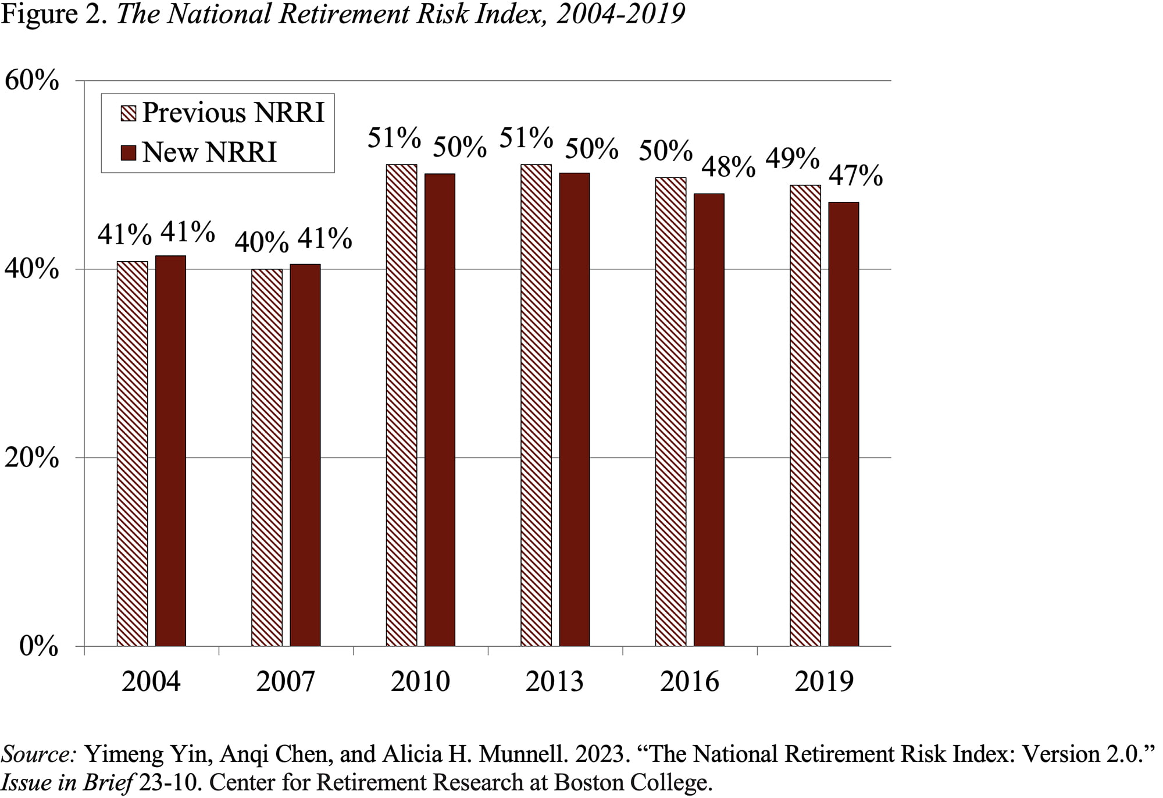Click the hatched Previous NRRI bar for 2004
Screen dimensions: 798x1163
tap(132, 454)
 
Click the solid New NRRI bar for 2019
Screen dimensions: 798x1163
tap(844, 424)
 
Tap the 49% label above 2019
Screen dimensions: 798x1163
tap(792, 158)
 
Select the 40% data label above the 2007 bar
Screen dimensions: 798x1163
tap(261, 241)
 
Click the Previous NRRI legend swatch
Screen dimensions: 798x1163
tap(128, 113)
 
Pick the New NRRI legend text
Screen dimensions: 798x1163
tap(209, 152)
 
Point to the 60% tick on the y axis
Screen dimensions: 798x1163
tap(31, 80)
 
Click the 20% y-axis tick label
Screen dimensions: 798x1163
tap(31, 458)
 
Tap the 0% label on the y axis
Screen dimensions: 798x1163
tap(38, 646)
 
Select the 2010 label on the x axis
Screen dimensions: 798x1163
tap(420, 681)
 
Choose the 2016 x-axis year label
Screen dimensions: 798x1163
tap(690, 681)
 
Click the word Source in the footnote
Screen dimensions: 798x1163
tap(38, 754)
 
